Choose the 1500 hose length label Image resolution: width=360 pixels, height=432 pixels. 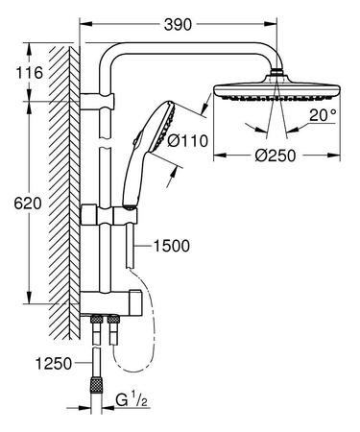[x=171, y=247]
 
